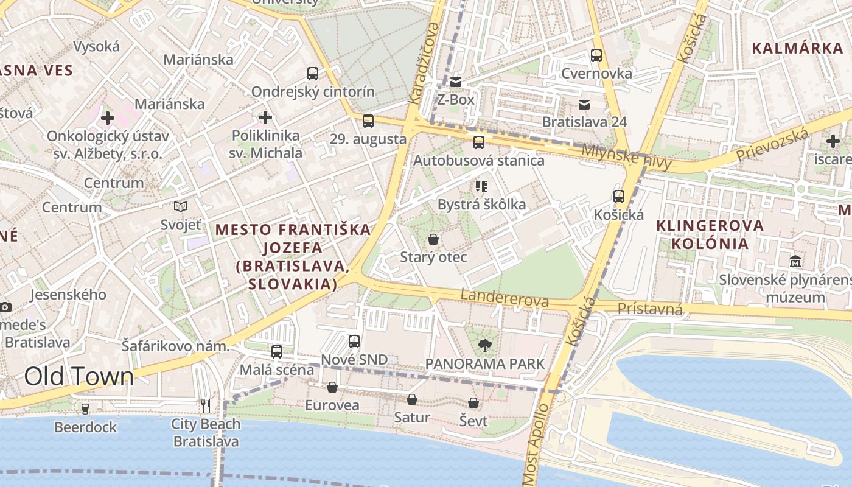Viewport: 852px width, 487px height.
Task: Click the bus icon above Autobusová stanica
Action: [479, 142]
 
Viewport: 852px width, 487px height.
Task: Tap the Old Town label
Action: [79, 377]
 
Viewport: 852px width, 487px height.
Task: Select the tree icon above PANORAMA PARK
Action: [484, 346]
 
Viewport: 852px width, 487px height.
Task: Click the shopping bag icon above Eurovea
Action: [332, 387]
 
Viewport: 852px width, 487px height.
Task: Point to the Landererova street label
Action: [505, 298]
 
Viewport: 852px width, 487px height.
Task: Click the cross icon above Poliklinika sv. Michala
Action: [265, 117]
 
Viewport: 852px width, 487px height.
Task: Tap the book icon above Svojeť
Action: [180, 207]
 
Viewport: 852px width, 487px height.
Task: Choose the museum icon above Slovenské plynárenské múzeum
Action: [795, 262]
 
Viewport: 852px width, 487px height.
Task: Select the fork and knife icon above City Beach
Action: [206, 405]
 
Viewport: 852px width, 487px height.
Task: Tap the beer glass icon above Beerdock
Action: [85, 408]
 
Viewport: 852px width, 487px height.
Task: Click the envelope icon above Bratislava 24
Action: [584, 104]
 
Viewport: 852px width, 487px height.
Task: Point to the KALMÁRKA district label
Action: [788, 49]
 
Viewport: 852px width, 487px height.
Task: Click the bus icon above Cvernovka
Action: [596, 55]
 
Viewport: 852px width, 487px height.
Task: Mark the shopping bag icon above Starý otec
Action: [433, 239]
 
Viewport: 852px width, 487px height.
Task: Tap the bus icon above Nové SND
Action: [354, 342]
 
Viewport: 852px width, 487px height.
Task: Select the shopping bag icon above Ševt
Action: [473, 403]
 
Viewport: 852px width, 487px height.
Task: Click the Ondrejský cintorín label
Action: [313, 92]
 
